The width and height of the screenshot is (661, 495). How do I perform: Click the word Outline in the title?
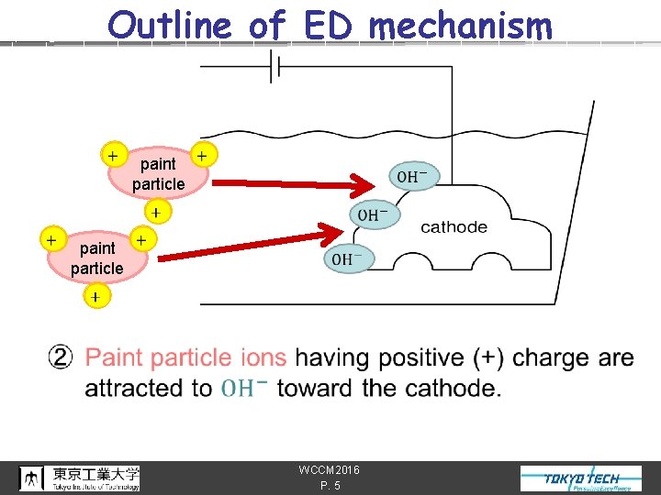pos(171,25)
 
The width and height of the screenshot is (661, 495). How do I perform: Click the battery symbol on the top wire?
pos(274,67)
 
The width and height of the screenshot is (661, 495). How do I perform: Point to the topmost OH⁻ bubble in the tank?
pos(414,176)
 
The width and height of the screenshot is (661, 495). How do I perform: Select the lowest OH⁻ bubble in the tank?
pos(349,259)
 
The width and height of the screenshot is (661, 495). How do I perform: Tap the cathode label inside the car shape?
pos(454,227)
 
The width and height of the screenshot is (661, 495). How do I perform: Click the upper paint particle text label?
pos(158,174)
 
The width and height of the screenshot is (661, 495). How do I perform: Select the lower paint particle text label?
pos(97,258)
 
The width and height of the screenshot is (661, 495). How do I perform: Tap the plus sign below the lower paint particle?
pos(95,297)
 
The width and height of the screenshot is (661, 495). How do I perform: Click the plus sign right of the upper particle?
pos(202,156)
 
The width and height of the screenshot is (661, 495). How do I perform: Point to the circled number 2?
pos(62,357)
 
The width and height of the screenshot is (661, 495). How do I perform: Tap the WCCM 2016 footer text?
pos(329,470)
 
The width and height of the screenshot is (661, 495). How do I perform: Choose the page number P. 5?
pos(330,486)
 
